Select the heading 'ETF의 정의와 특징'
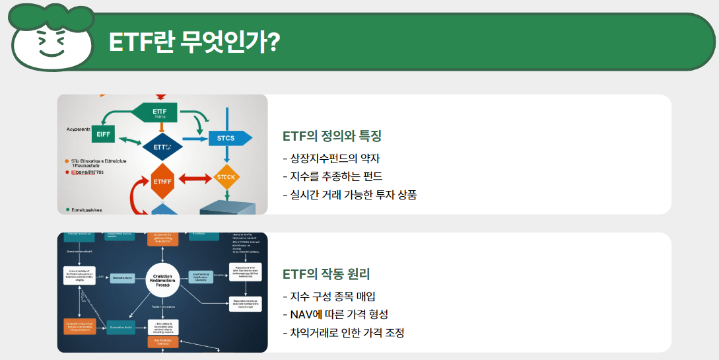pyautogui.click(x=332, y=136)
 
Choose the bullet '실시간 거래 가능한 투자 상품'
pyautogui.click(x=349, y=195)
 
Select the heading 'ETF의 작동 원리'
pyautogui.click(x=326, y=274)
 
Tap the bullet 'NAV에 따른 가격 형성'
pyautogui.click(x=335, y=314)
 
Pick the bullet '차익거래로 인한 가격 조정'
pyautogui.click(x=343, y=332)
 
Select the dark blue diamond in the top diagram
pyautogui.click(x=162, y=147)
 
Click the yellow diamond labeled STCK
pyautogui.click(x=226, y=177)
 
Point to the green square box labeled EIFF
pyautogui.click(x=104, y=133)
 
